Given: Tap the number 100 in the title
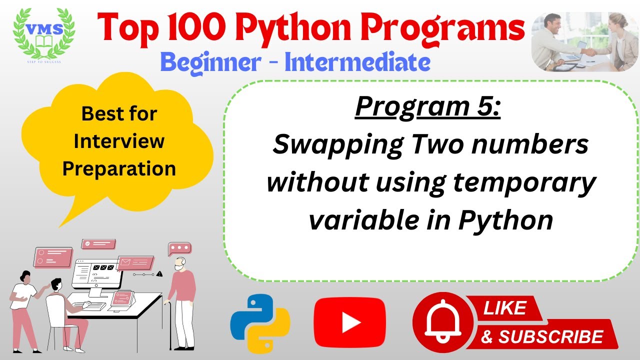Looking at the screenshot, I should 193,29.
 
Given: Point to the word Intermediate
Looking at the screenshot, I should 357,63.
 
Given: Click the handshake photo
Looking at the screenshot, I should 584,41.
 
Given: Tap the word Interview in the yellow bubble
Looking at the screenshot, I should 119,141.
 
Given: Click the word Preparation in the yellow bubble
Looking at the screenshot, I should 119,168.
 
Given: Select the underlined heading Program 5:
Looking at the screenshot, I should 427,107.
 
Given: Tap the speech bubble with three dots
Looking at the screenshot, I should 179,248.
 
